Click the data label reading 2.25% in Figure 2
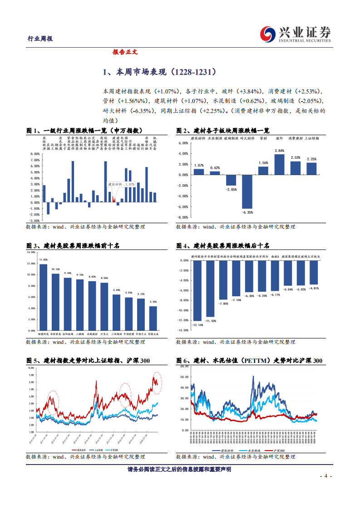coord(311,159)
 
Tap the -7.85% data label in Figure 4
coord(223,303)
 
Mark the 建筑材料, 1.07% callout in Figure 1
coord(121,185)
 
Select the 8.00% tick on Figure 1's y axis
coord(35,154)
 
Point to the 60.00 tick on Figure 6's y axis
coord(184,365)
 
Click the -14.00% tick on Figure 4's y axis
coord(182,331)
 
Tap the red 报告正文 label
coord(125,52)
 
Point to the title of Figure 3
coord(73,245)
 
